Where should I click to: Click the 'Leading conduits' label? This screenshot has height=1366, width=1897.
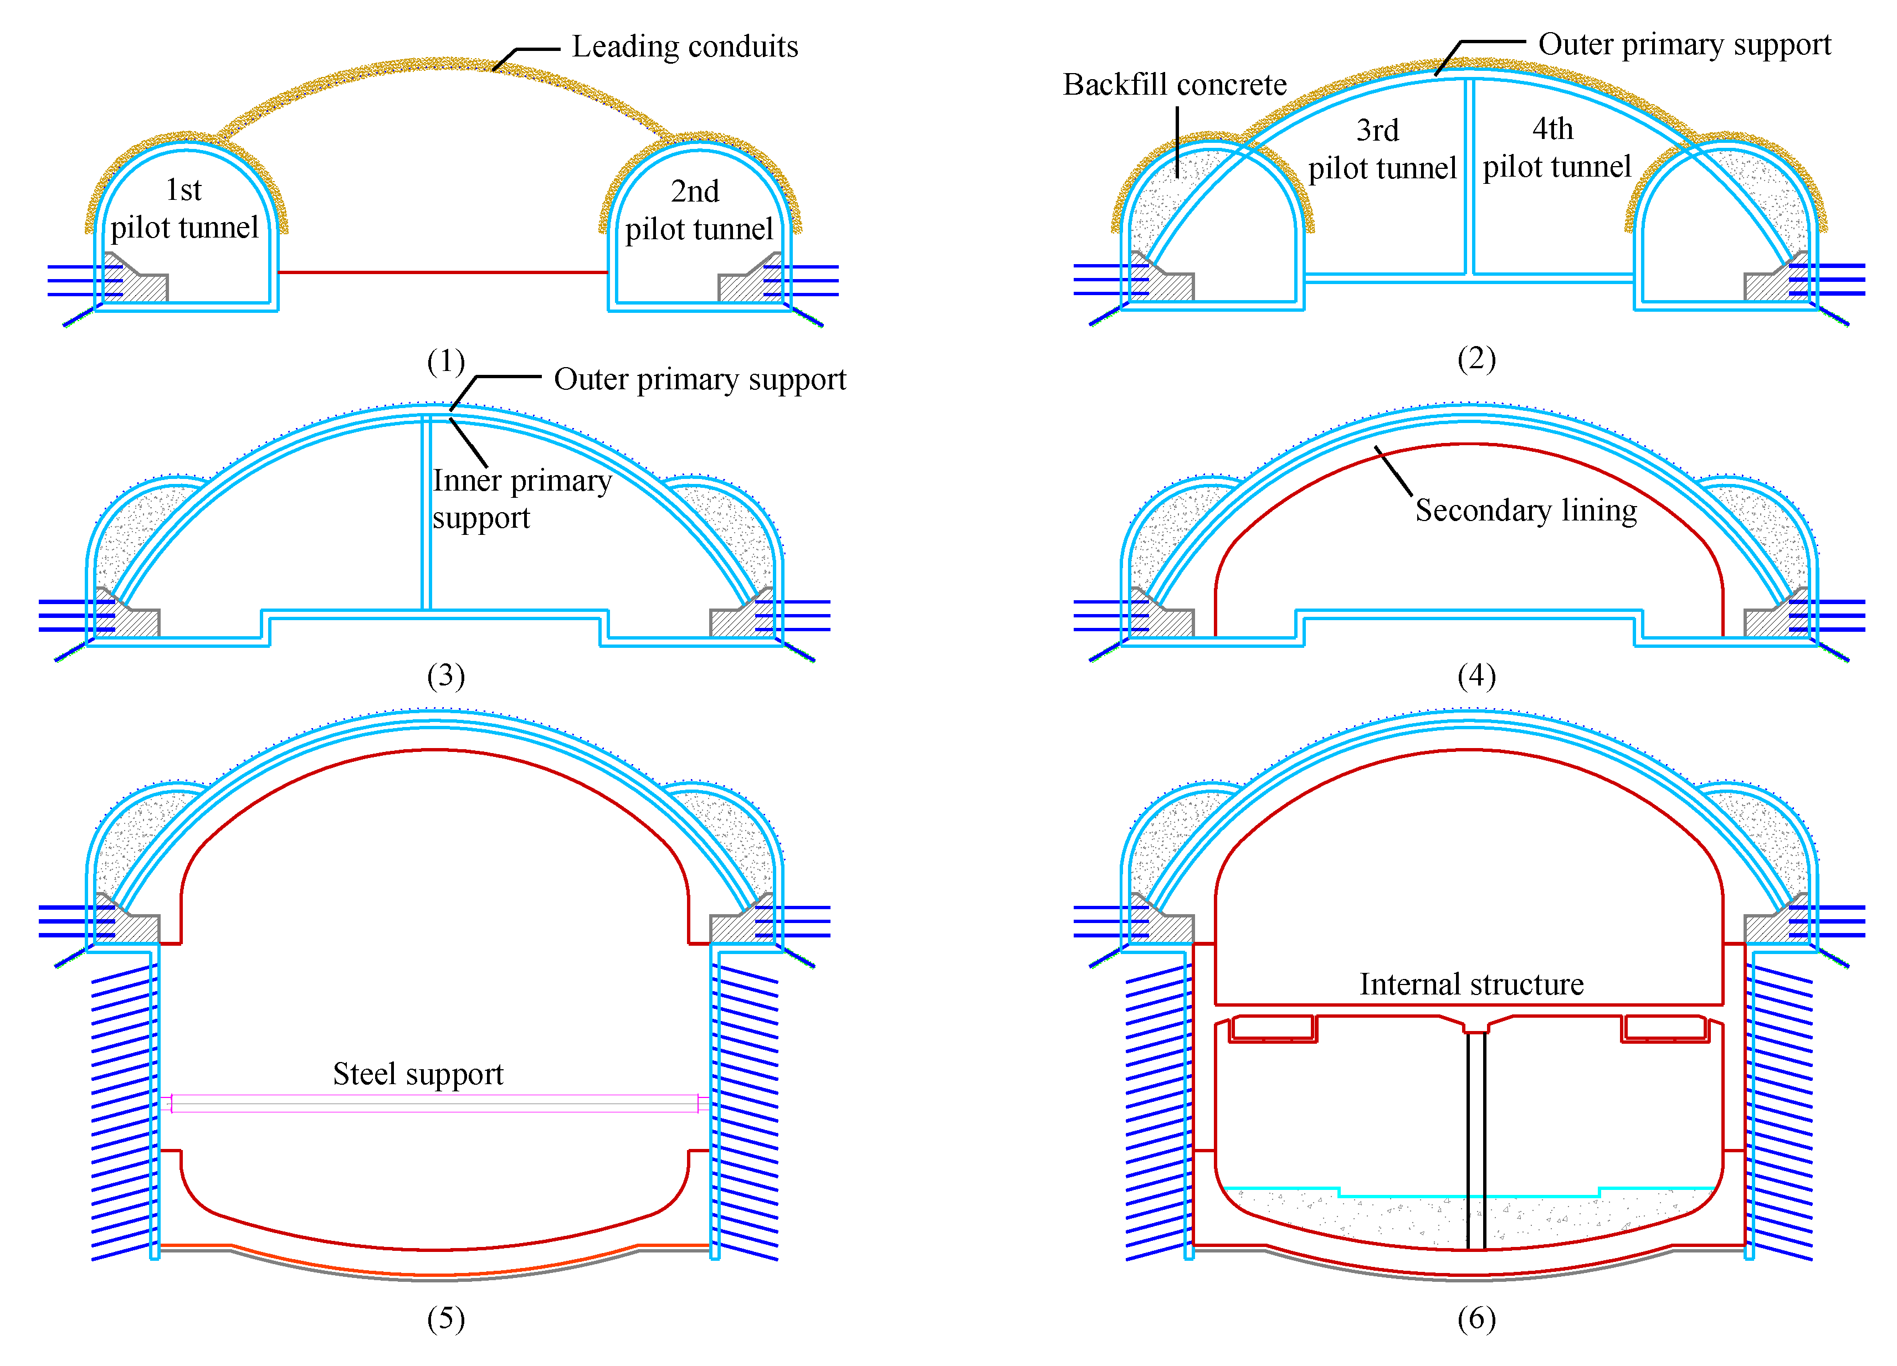(684, 47)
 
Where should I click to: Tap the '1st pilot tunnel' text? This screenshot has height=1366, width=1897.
(184, 209)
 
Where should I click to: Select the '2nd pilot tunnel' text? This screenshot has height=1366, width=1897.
(699, 210)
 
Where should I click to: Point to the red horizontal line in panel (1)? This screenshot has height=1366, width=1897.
(443, 272)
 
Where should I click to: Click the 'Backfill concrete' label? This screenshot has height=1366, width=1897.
(1175, 84)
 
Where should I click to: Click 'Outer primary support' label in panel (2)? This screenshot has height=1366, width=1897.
(1684, 44)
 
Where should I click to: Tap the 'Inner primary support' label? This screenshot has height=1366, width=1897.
(521, 499)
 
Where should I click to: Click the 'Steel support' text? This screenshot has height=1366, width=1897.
(418, 1074)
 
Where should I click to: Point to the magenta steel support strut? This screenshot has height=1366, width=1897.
(435, 1104)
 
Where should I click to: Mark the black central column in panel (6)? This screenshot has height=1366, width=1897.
(1475, 1137)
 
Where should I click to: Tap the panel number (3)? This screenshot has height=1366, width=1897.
(446, 676)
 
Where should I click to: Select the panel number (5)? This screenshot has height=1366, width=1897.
(446, 1318)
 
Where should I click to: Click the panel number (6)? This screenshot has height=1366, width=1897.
(1476, 1318)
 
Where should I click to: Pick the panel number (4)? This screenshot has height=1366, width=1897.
(1476, 676)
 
